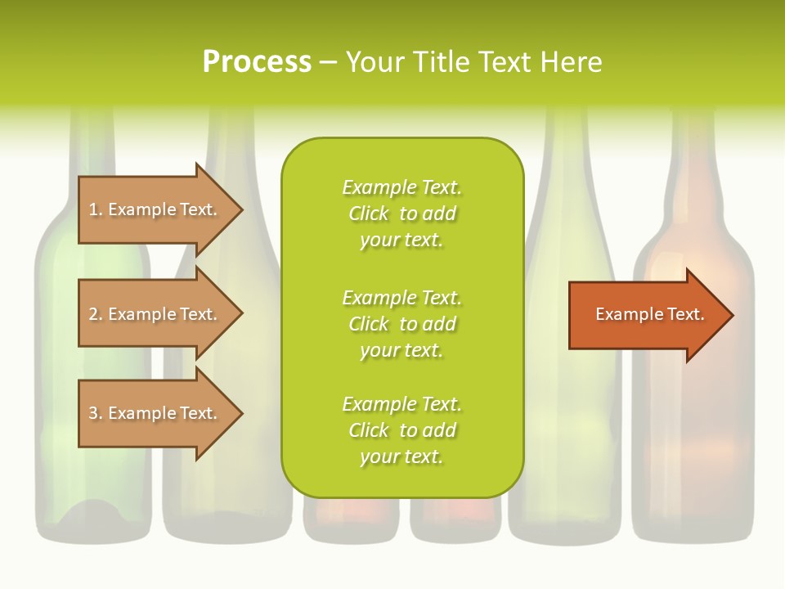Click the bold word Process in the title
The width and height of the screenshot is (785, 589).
coord(257,62)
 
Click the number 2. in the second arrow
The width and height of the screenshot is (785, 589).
coord(95,314)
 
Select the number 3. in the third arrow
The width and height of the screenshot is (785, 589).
coord(95,413)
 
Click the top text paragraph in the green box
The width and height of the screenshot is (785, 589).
coord(401,214)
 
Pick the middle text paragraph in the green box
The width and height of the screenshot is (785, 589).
coord(401,324)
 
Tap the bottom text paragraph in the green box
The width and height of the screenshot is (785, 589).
coord(401,430)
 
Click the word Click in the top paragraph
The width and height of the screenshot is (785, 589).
coord(368,214)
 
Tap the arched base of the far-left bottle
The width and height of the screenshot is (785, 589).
coord(92,511)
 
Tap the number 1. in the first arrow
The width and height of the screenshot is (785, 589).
coord(95,209)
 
